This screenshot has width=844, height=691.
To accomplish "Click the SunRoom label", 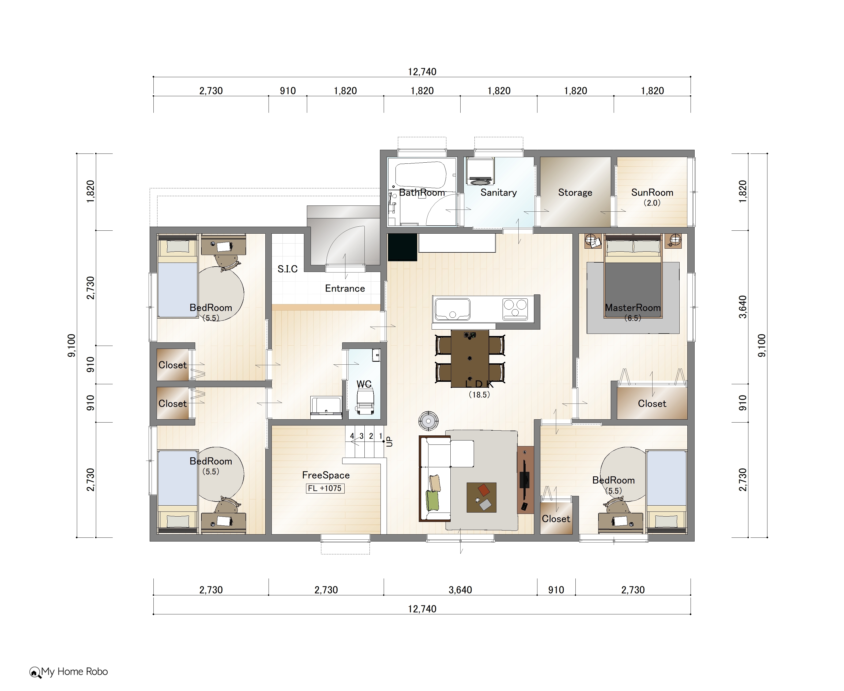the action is (652, 193).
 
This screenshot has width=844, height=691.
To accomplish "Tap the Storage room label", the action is (575, 193).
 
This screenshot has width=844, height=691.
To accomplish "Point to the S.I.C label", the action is (288, 269).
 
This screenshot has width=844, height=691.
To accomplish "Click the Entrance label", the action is (345, 289).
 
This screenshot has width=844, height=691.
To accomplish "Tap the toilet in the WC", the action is (365, 401).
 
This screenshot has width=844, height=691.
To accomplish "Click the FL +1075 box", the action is (325, 488).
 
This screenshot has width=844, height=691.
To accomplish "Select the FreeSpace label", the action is (326, 475).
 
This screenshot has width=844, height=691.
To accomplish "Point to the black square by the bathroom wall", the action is (402, 247).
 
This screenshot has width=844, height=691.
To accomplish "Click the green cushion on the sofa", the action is (432, 500).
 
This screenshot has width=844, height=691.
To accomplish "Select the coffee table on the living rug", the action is (481, 498).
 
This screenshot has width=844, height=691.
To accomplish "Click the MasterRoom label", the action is (632, 308).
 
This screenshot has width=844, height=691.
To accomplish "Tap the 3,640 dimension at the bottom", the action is (460, 590).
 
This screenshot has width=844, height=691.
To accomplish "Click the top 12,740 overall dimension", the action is (422, 72).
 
